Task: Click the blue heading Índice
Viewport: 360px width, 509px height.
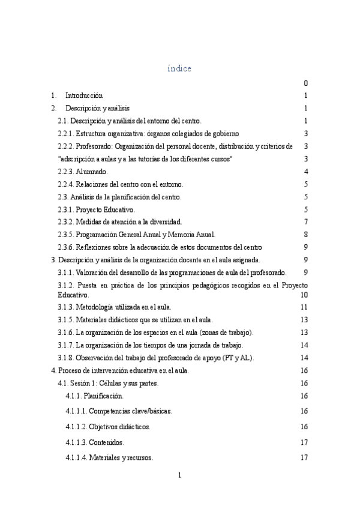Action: [179, 69]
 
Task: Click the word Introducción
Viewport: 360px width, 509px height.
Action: [84, 95]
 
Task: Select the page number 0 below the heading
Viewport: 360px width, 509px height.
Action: [305, 83]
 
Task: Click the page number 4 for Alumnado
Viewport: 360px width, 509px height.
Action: [305, 172]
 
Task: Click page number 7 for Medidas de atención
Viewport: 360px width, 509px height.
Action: [305, 222]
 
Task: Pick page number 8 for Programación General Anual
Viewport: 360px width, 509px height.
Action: [305, 235]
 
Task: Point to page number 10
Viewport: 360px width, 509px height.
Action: [304, 295]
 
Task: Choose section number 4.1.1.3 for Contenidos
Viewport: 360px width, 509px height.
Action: [77, 442]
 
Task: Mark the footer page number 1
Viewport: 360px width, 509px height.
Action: [179, 475]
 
